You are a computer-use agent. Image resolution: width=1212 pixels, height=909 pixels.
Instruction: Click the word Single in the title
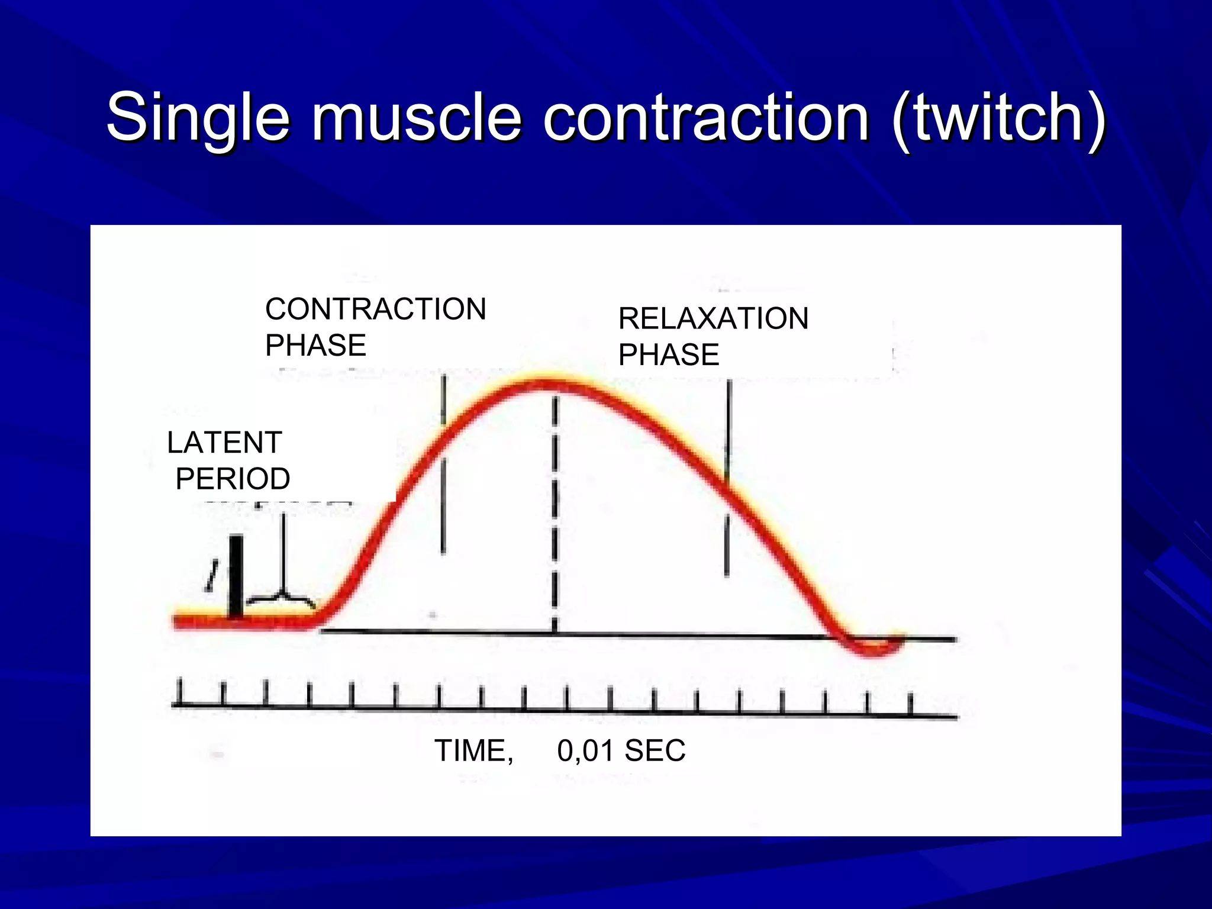198,118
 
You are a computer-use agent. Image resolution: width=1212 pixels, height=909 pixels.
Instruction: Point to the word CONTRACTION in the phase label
376,310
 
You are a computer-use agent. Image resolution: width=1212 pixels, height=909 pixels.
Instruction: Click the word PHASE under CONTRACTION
315,346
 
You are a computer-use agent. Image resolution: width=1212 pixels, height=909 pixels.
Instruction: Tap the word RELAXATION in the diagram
713,319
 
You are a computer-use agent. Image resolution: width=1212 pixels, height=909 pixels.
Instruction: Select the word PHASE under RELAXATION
669,355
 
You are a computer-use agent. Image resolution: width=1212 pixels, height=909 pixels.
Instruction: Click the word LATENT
224,443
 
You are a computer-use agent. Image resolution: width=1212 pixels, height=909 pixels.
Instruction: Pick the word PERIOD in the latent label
233,479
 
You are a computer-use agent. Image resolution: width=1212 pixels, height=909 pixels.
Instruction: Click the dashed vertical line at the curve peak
555,509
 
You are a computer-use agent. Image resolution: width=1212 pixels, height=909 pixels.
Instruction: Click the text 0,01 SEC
621,751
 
